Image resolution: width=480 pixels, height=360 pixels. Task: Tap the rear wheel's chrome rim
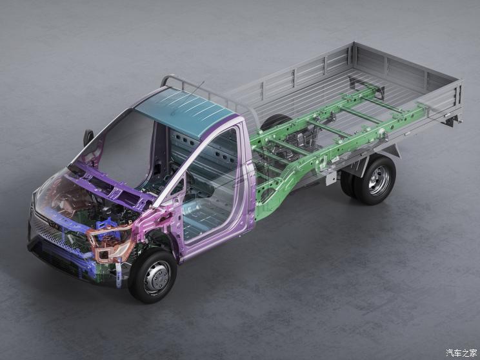point(379,181)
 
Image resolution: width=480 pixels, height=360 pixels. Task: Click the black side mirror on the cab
point(88,137)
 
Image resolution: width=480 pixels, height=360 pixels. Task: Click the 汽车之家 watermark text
point(461,353)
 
